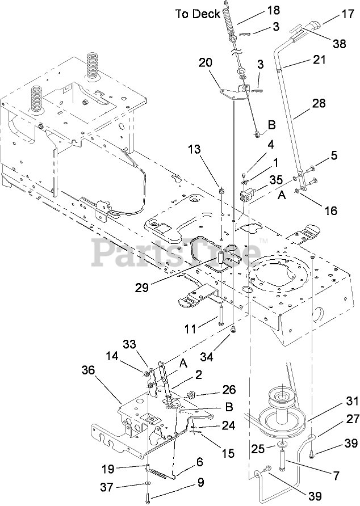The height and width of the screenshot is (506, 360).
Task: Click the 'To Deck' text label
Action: point(197,14)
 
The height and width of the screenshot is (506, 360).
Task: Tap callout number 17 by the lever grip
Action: point(346,18)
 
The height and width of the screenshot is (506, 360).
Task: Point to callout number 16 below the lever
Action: point(330,210)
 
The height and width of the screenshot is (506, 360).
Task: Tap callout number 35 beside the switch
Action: point(277,180)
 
